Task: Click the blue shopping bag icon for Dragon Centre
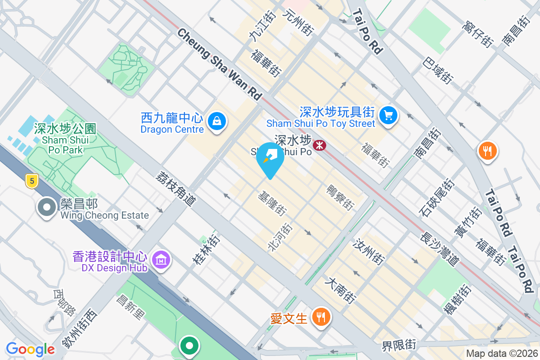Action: pyautogui.click(x=217, y=121)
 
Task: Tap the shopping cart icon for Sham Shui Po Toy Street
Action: pyautogui.click(x=388, y=116)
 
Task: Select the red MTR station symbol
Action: pyautogui.click(x=319, y=145)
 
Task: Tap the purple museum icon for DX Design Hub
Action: pyautogui.click(x=161, y=260)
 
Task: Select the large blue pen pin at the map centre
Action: pyautogui.click(x=270, y=159)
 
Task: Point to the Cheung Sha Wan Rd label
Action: pyautogui.click(x=219, y=64)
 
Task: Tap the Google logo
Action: pyautogui.click(x=30, y=349)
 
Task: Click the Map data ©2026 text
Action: pyautogui.click(x=501, y=353)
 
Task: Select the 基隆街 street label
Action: pyautogui.click(x=272, y=203)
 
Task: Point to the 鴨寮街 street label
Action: pyautogui.click(x=340, y=197)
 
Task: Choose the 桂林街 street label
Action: pyautogui.click(x=205, y=249)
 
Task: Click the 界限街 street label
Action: pyautogui.click(x=399, y=346)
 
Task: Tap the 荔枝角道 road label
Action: pyautogui.click(x=177, y=189)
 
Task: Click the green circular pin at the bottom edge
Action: pyautogui.click(x=189, y=346)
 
